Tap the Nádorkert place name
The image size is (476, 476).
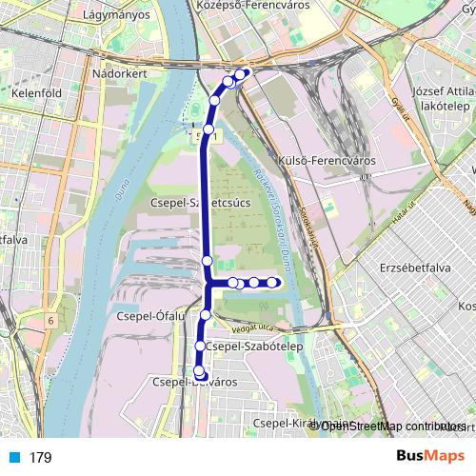(x=118, y=71)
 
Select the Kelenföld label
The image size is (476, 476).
(x=36, y=94)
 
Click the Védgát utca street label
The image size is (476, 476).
(x=252, y=326)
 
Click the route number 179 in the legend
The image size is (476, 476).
(x=40, y=458)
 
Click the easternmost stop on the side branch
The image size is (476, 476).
(x=272, y=282)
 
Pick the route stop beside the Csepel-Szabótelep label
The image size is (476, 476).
(x=200, y=346)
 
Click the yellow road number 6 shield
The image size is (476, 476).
(x=50, y=321)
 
